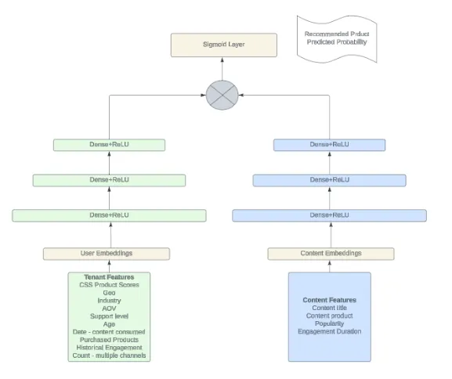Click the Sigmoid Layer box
[x=223, y=45]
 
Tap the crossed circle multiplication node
[x=222, y=95]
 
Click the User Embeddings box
[x=106, y=254]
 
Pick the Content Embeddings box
[x=331, y=254]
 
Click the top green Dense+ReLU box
[x=109, y=145]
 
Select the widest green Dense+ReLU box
[x=109, y=215]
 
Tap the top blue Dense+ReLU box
[x=329, y=145]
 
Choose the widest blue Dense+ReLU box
[x=329, y=215]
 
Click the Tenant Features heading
[x=109, y=277]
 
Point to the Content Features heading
[x=329, y=300]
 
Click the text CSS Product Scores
[x=109, y=285]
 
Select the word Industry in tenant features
[x=109, y=301]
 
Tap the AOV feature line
[x=109, y=309]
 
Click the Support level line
[x=109, y=316]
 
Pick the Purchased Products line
[x=109, y=340]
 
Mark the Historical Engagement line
[x=109, y=348]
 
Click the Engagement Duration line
[x=329, y=331]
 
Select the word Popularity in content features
[x=329, y=323]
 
